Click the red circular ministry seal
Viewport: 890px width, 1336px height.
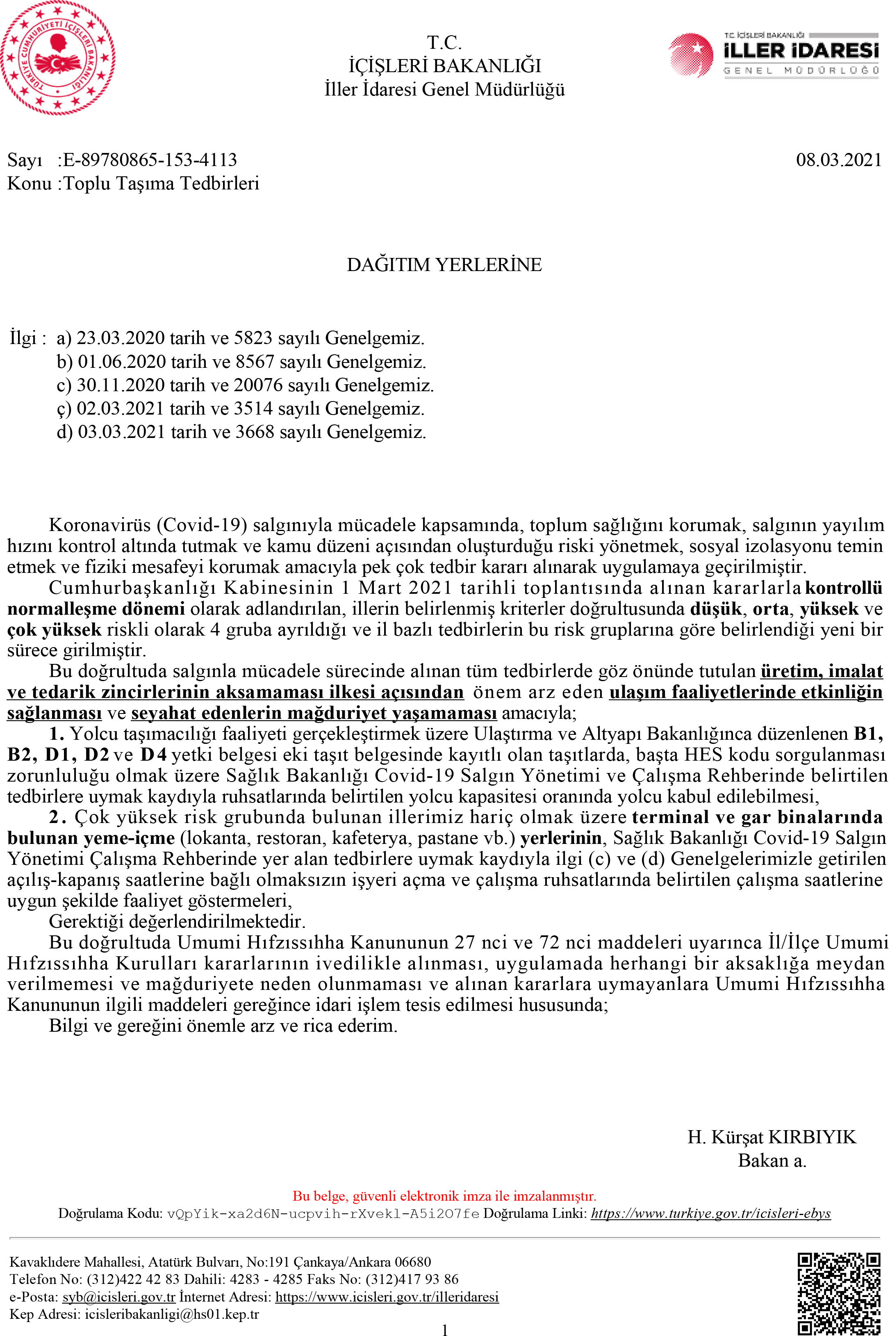(x=57, y=58)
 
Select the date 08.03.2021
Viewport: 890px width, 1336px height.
(x=838, y=160)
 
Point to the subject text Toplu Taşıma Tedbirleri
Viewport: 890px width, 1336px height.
(x=161, y=183)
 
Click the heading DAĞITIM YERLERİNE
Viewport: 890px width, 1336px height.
(x=444, y=264)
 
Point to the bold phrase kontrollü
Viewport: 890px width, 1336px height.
(x=843, y=588)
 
